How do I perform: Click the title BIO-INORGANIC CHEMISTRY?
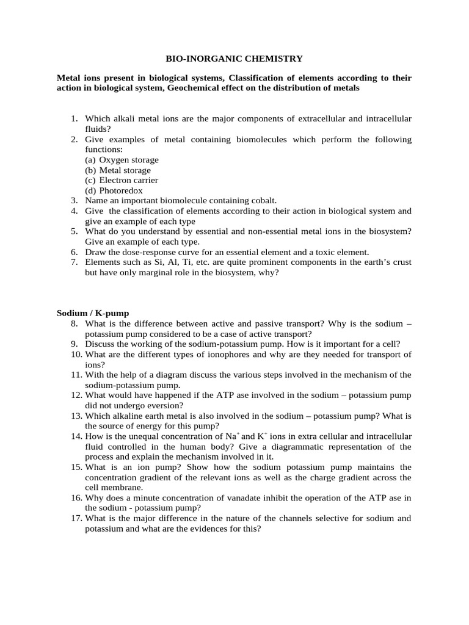point(234,59)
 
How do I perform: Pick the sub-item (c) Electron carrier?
point(121,180)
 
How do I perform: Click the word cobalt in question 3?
point(262,200)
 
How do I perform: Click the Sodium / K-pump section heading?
point(93,313)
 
